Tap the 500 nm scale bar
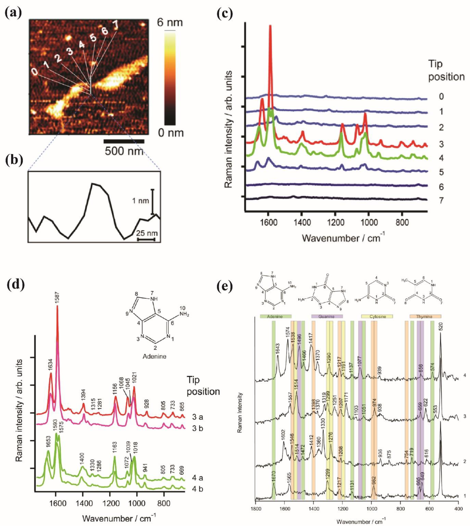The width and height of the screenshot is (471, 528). click(124, 141)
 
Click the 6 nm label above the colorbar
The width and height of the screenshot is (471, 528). click(170, 23)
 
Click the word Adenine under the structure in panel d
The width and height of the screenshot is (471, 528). click(155, 356)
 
